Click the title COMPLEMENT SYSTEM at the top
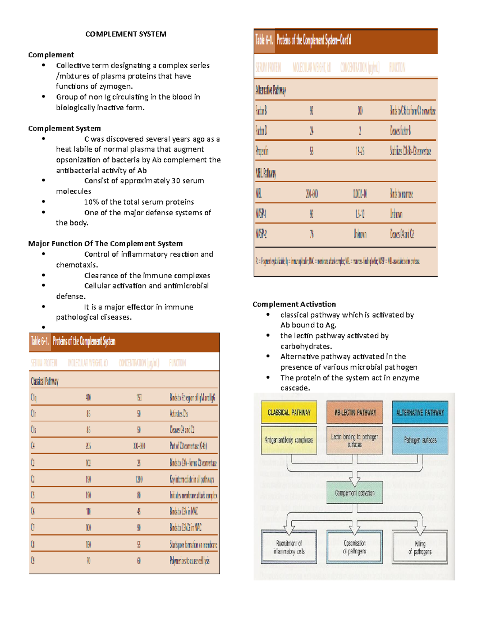pyautogui.click(x=126, y=34)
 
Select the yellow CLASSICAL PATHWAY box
pyautogui.click(x=289, y=412)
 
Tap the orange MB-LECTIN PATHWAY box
pyautogui.click(x=355, y=412)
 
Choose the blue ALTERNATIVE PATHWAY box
pyautogui.click(x=420, y=412)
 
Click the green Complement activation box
pyautogui.click(x=355, y=493)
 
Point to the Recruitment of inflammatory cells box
pyautogui.click(x=289, y=547)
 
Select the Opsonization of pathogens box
pyautogui.click(x=355, y=547)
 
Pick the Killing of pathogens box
pyautogui.click(x=420, y=547)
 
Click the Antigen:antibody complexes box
pyautogui.click(x=289, y=440)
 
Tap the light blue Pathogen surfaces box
pyautogui.click(x=420, y=440)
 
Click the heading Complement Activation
pyautogui.click(x=294, y=304)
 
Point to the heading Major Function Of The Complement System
pyautogui.click(x=105, y=244)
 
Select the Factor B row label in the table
pyautogui.click(x=261, y=110)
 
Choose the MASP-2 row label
pyautogui.click(x=261, y=234)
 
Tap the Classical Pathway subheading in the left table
pyautogui.click(x=45, y=381)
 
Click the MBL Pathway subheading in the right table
pyautogui.click(x=266, y=173)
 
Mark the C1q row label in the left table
pyautogui.click(x=34, y=397)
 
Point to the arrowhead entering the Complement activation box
pyautogui.click(x=355, y=482)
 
